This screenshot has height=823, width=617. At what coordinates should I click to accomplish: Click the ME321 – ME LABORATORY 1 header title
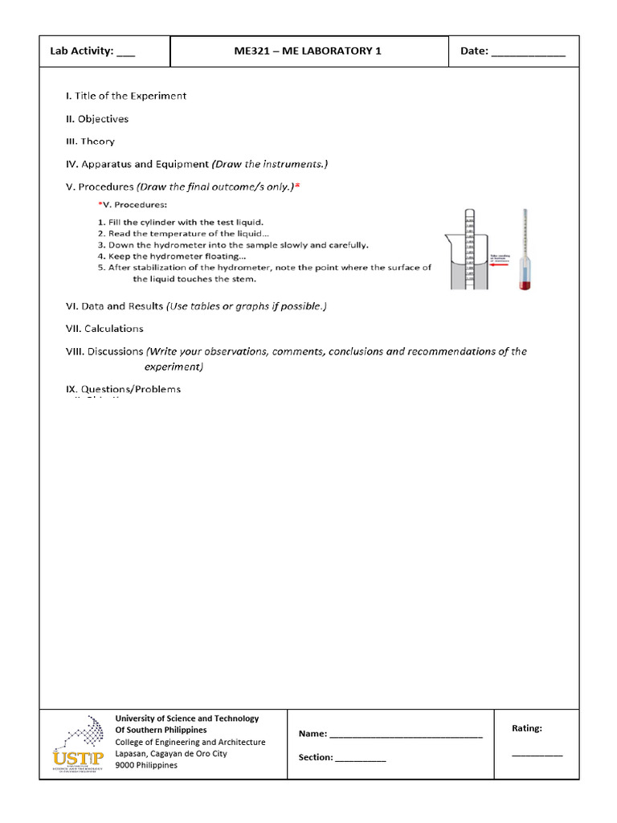(x=308, y=51)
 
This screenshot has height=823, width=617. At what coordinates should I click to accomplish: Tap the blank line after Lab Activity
(x=126, y=53)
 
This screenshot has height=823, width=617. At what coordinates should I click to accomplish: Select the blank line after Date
(x=528, y=53)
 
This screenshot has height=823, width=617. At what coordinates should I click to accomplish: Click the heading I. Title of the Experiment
(x=126, y=96)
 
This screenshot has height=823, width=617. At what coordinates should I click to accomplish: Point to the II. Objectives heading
(x=97, y=119)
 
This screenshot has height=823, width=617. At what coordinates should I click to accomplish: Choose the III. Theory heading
(x=90, y=141)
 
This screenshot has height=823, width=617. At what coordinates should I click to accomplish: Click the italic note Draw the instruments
(x=270, y=164)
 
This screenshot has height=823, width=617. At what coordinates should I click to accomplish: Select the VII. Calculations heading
(x=104, y=329)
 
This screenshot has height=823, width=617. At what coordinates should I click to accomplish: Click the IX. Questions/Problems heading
(x=123, y=389)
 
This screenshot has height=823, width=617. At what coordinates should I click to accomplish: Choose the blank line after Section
(x=360, y=758)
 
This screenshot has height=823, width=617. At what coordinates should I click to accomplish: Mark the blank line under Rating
(x=537, y=755)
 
